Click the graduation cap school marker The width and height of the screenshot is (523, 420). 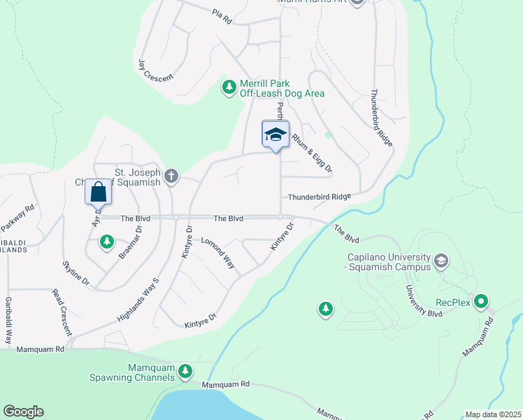pyautogui.click(x=275, y=134)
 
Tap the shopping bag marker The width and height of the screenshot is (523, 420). pyautogui.click(x=99, y=191)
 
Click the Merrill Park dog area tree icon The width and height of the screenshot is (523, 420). pyautogui.click(x=228, y=87)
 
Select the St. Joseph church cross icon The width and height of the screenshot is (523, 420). pyautogui.click(x=171, y=176)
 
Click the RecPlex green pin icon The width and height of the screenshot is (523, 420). pyautogui.click(x=481, y=302)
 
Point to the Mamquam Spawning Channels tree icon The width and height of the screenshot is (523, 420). pyautogui.click(x=185, y=371)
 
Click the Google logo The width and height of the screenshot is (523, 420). pyautogui.click(x=23, y=412)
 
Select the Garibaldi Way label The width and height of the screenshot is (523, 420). pyautogui.click(x=9, y=318)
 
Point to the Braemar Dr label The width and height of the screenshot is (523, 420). pyautogui.click(x=131, y=241)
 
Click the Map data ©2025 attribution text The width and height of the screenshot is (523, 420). pyautogui.click(x=493, y=414)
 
